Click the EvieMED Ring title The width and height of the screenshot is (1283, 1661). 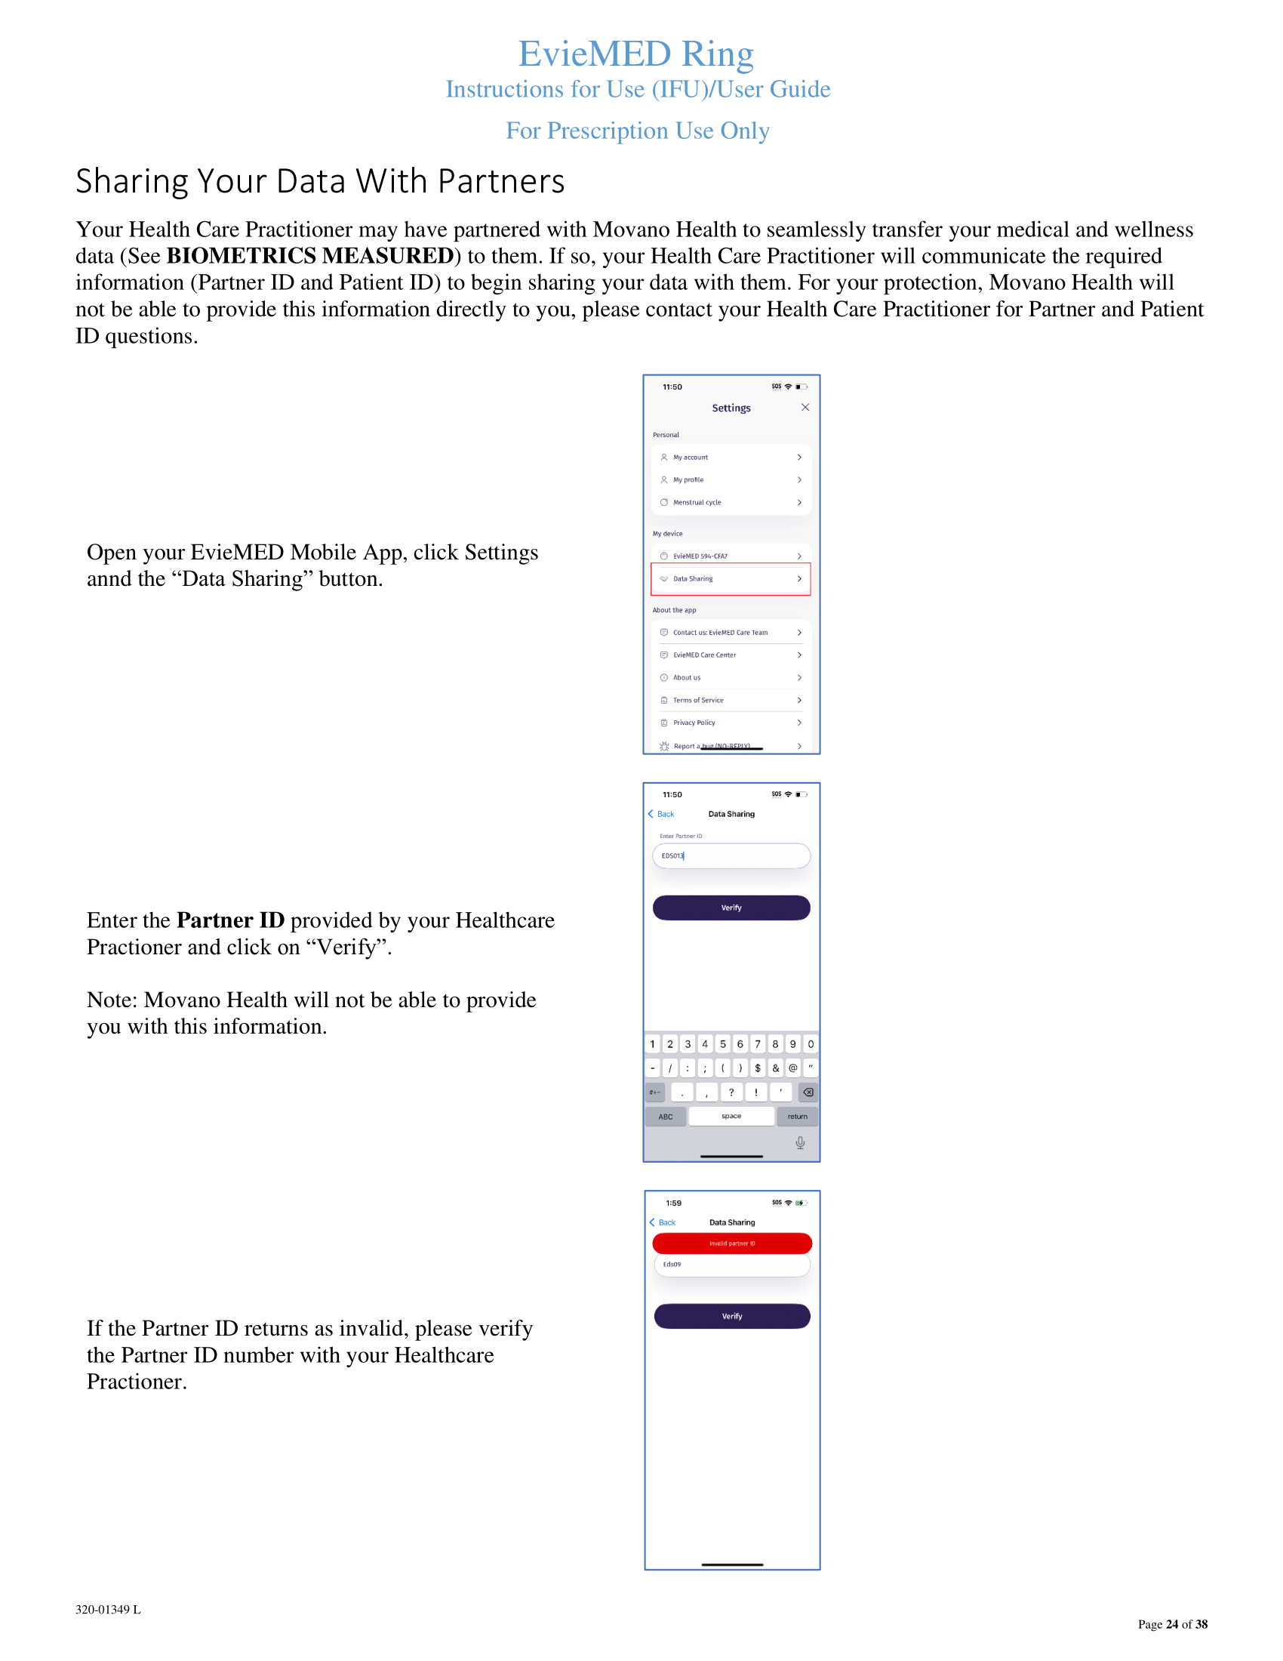click(x=635, y=54)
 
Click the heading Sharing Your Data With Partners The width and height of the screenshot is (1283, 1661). click(x=320, y=182)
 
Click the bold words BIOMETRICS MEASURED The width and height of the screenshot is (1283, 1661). click(x=310, y=255)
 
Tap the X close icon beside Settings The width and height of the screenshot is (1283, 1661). click(x=805, y=408)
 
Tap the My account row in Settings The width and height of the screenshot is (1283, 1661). click(x=731, y=457)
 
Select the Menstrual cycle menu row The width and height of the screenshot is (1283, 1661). click(x=731, y=502)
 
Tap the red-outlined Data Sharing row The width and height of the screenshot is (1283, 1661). click(x=731, y=579)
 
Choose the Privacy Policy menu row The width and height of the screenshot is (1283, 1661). click(x=731, y=723)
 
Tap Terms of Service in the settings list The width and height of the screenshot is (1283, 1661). click(x=731, y=700)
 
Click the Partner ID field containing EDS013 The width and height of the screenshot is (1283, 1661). click(x=731, y=855)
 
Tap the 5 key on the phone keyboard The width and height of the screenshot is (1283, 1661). click(x=723, y=1044)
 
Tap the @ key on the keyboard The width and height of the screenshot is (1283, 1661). click(x=792, y=1068)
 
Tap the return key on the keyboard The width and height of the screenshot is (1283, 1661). click(x=797, y=1117)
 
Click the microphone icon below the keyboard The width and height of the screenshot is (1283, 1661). click(x=799, y=1142)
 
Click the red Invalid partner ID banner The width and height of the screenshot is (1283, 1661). click(x=732, y=1243)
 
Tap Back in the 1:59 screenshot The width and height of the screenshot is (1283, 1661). click(x=663, y=1222)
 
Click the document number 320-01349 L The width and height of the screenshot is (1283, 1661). click(x=108, y=1610)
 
